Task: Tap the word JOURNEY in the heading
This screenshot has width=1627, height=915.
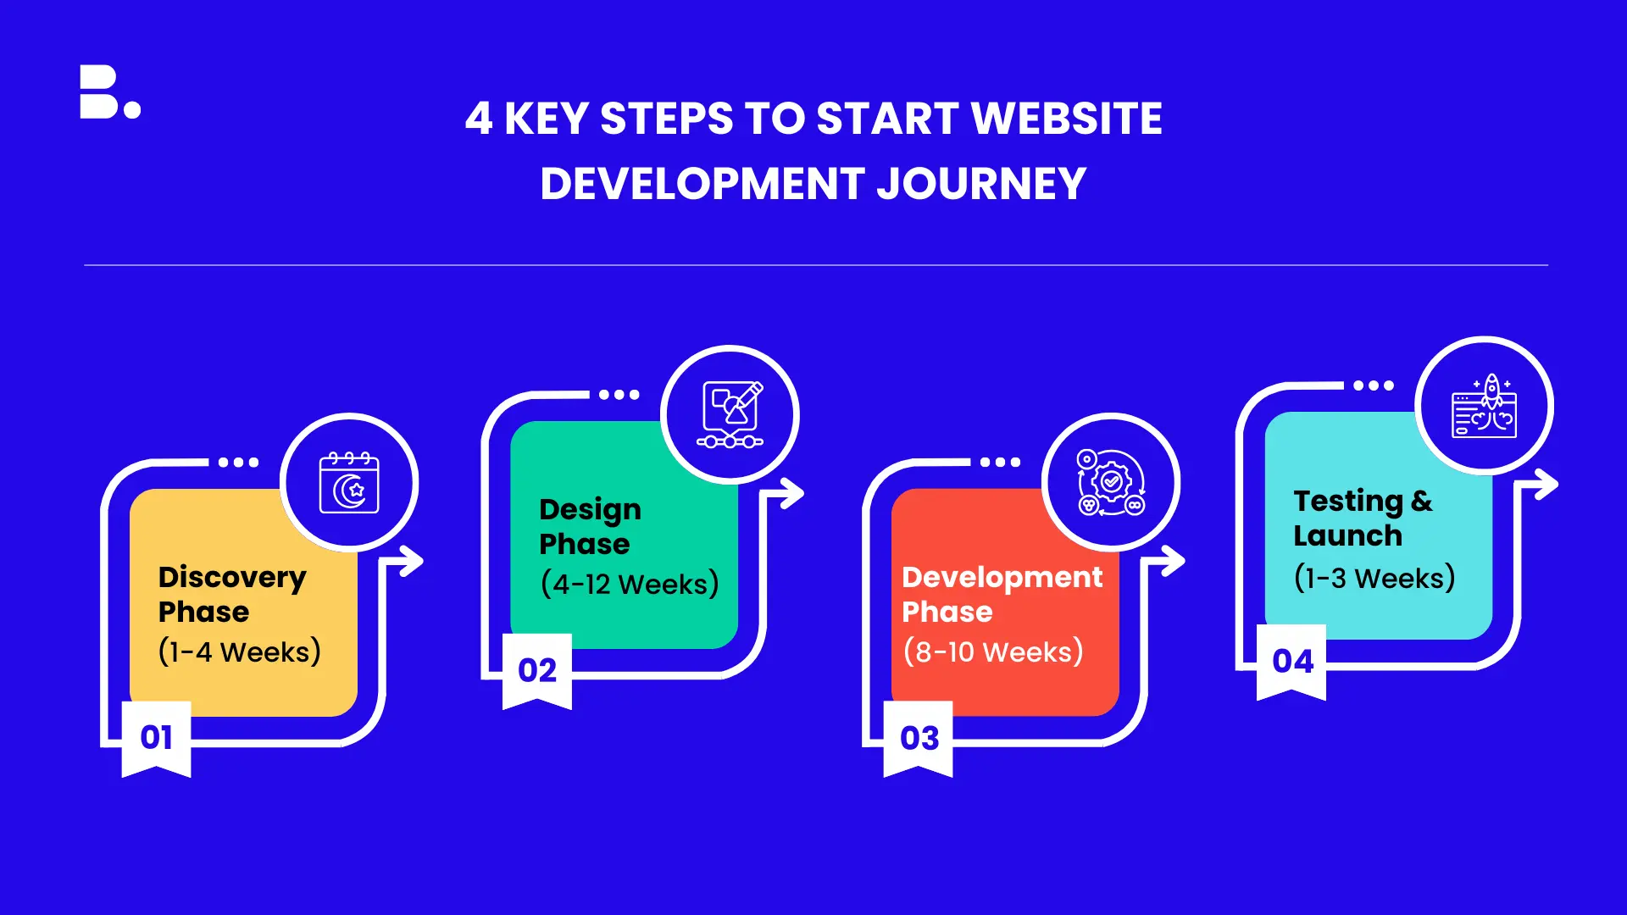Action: click(981, 184)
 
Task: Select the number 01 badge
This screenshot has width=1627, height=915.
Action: click(157, 738)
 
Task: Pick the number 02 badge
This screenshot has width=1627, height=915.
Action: click(537, 670)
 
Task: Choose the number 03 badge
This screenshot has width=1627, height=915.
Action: click(919, 738)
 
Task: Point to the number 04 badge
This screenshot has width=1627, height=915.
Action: click(1291, 662)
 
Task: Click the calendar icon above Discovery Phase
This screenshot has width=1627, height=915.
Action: click(349, 482)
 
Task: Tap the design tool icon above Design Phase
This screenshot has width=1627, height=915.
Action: click(730, 414)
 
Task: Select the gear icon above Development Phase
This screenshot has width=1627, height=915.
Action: click(1111, 482)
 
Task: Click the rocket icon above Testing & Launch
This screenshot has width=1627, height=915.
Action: click(1485, 406)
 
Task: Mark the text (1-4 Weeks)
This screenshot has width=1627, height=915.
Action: click(240, 652)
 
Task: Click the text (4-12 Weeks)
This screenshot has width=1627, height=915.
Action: click(630, 584)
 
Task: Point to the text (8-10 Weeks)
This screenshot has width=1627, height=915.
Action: click(993, 652)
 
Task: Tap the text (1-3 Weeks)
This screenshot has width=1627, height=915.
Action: click(1374, 578)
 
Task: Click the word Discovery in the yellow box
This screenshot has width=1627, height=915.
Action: click(232, 578)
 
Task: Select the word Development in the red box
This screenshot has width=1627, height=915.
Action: click(1002, 578)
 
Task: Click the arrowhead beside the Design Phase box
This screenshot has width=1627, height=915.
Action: click(791, 493)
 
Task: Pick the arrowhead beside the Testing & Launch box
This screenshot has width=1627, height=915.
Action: click(1546, 485)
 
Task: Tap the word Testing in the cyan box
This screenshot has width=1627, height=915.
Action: click(1348, 502)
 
